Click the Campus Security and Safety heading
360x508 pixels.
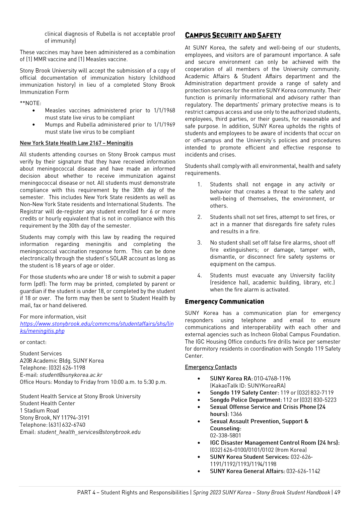(x=233, y=35)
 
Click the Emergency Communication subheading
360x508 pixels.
(x=224, y=302)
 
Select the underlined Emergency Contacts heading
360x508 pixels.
(x=211, y=367)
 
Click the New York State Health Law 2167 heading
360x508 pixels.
(x=76, y=143)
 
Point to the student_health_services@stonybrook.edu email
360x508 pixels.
(x=89, y=432)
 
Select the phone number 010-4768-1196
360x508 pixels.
(x=272, y=378)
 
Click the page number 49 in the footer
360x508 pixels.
(x=337, y=492)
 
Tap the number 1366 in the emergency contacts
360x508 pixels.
(x=236, y=414)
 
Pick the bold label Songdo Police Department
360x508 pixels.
(x=245, y=400)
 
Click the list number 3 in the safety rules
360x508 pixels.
(x=200, y=243)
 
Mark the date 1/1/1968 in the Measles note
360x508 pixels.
(x=164, y=110)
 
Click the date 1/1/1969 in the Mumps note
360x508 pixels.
(x=164, y=124)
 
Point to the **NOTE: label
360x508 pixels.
(x=30, y=103)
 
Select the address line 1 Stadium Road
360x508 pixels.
(x=39, y=411)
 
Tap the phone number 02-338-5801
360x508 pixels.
(x=225, y=435)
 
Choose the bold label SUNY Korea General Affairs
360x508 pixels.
(x=247, y=471)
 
